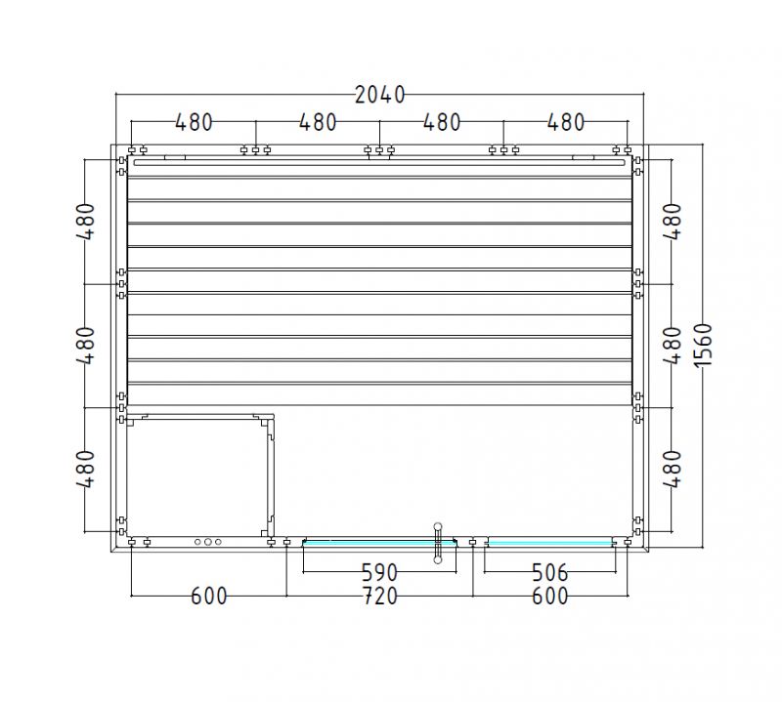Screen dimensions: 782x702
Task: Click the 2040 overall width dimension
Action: (x=379, y=95)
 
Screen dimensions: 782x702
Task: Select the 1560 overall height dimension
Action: (x=703, y=345)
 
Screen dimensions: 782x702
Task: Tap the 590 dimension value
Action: (x=379, y=572)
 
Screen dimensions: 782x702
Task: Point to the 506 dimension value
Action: (x=549, y=572)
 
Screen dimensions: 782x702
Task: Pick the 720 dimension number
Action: (x=379, y=596)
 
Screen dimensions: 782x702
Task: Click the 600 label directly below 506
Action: (x=549, y=596)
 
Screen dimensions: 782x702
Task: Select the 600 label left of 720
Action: (x=209, y=596)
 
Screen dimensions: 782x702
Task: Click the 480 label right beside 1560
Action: (x=673, y=346)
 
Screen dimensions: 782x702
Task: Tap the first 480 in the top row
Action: (x=194, y=122)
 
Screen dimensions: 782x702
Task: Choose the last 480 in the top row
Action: (x=566, y=122)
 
